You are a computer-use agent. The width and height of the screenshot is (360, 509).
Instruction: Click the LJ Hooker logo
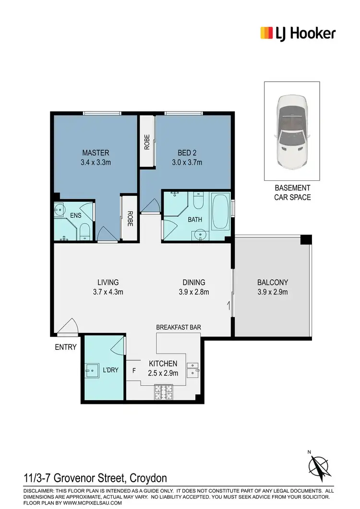point(298,33)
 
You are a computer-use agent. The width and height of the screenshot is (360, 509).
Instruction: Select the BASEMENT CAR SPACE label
point(292,192)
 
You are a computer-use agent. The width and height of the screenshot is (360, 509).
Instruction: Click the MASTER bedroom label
point(95,153)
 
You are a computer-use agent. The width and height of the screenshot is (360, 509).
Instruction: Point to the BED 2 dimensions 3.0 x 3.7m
point(187,163)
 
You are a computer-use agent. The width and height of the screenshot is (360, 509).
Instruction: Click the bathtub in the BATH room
point(220,212)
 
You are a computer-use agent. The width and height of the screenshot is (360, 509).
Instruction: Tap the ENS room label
point(75,216)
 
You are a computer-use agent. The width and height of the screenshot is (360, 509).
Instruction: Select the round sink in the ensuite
point(60,210)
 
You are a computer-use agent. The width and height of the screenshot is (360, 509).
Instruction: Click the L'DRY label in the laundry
point(110,370)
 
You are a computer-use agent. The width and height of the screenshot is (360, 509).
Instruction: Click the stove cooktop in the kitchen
point(164,393)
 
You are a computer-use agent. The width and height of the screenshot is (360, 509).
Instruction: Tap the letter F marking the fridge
point(134,370)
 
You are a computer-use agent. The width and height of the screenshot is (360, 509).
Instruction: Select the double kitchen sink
point(193,368)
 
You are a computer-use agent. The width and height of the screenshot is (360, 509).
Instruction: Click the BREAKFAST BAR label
point(178,327)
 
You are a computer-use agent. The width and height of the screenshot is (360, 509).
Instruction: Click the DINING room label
point(194,283)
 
